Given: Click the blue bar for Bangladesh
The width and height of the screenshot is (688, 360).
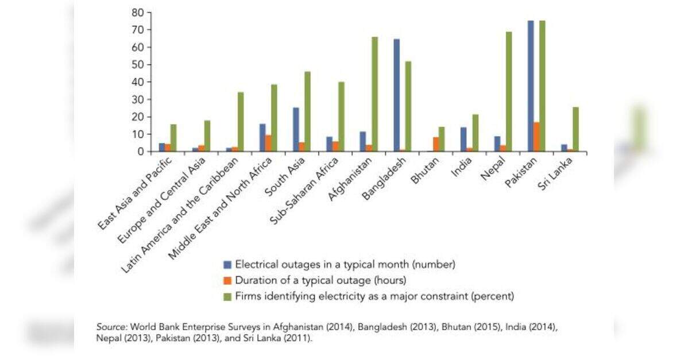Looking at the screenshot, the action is coord(397,95).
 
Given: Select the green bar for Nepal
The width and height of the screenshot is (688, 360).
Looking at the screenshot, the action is coord(509,92).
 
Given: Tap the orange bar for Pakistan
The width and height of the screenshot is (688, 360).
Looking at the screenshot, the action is coord(536,137).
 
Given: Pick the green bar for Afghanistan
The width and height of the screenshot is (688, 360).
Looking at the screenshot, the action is coord(374,94).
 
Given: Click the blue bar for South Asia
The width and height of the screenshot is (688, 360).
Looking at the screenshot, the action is coord(296,129).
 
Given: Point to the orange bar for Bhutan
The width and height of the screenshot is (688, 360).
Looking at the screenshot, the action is coord(436,144).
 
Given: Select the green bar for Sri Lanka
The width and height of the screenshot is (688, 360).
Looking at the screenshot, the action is coord(575,129).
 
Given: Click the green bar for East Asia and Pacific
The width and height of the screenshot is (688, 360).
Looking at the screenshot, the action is coord(174,138).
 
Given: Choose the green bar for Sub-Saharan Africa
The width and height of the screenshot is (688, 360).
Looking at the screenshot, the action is coord(341,117).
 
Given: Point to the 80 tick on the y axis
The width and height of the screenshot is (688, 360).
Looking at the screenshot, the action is coord(149,12).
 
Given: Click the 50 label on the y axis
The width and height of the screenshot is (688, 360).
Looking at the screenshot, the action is coord(138,64).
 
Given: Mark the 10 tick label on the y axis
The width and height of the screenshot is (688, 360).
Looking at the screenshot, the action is coord(138,134).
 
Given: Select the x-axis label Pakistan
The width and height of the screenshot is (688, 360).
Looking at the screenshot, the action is coord(521,173).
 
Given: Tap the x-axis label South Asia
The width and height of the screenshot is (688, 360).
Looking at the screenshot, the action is coord(285,177).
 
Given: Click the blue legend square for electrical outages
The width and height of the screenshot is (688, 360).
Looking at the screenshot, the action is coord(227,265).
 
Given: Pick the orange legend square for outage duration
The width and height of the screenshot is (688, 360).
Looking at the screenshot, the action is coord(227,281).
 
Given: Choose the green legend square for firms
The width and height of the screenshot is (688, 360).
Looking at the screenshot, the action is coord(227,297).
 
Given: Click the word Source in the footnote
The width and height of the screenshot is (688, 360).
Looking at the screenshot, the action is coord(111,327).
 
